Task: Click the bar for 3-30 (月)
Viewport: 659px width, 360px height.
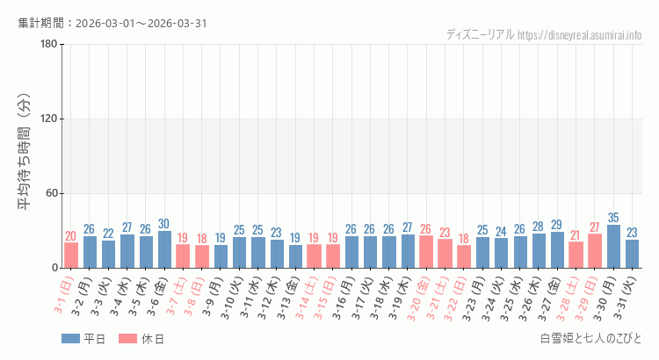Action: pyautogui.click(x=613, y=247)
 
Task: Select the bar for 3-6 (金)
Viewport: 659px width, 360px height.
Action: pyautogui.click(x=164, y=249)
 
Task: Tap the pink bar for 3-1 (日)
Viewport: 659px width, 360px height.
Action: pyautogui.click(x=71, y=256)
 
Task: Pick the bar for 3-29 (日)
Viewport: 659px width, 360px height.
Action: pyautogui.click(x=595, y=251)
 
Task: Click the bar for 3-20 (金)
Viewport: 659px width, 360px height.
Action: pyautogui.click(x=426, y=252)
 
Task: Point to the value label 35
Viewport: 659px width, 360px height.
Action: pyautogui.click(x=613, y=218)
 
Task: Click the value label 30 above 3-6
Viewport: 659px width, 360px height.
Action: pyautogui.click(x=164, y=224)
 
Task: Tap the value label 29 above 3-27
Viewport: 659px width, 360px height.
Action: pyautogui.click(x=557, y=225)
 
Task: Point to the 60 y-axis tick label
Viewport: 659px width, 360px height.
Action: pyautogui.click(x=52, y=193)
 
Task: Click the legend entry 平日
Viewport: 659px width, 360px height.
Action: pyautogui.click(x=83, y=339)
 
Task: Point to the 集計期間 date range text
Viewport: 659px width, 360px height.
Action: pyautogui.click(x=112, y=23)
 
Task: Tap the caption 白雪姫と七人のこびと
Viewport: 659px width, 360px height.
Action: pyautogui.click(x=591, y=339)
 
